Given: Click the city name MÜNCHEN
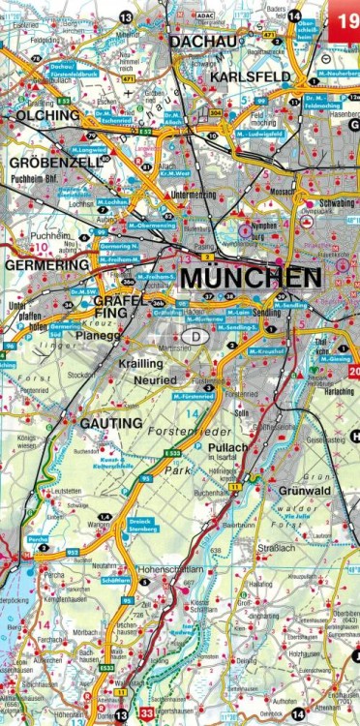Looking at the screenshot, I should [x=251, y=278].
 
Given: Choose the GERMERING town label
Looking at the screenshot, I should [x=46, y=264].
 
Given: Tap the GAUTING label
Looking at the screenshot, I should [x=110, y=424].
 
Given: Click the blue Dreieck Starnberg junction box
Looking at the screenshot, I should [x=143, y=524].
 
